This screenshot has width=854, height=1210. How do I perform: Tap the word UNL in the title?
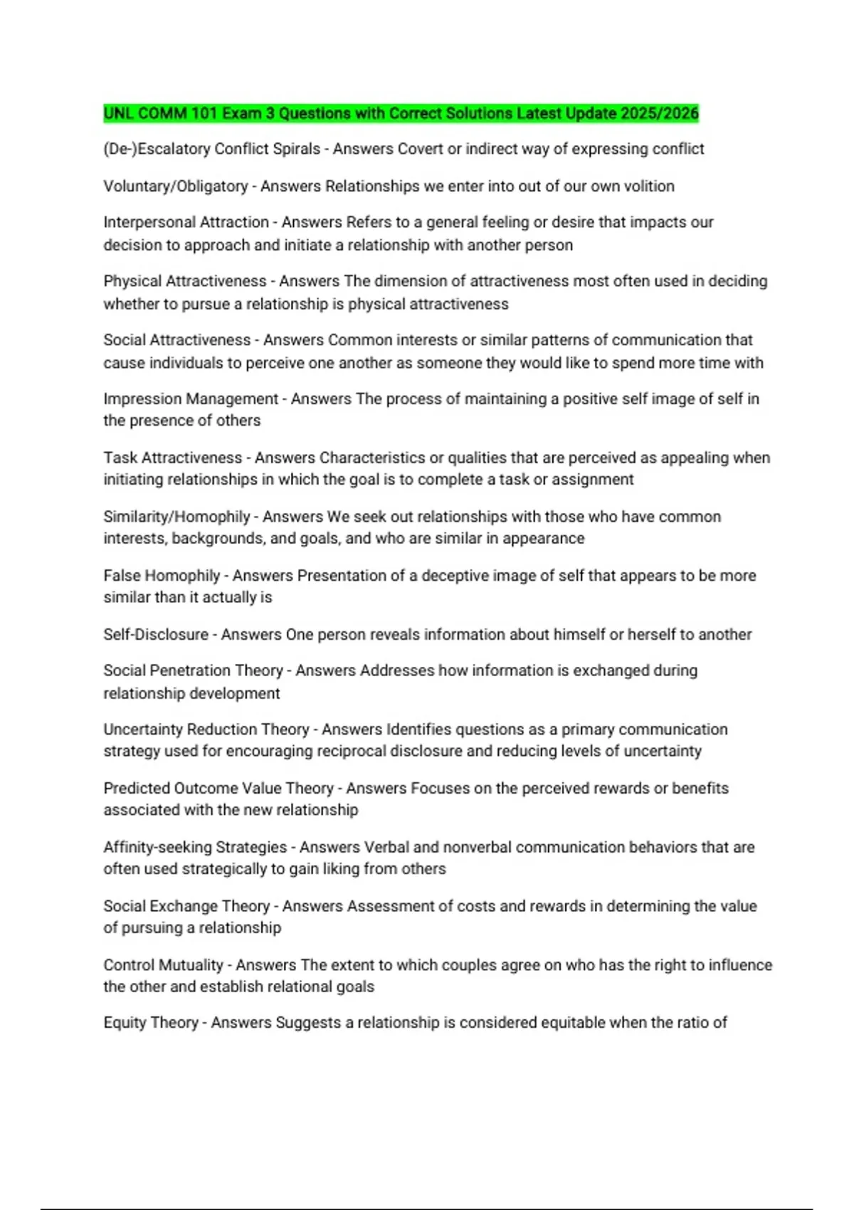[118, 113]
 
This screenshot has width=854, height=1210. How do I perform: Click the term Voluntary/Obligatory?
[175, 186]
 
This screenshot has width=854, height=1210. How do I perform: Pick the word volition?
[649, 186]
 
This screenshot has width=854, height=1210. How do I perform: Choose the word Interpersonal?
[146, 222]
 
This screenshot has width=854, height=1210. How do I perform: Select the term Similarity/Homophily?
[176, 517]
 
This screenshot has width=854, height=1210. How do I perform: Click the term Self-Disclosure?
[156, 634]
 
